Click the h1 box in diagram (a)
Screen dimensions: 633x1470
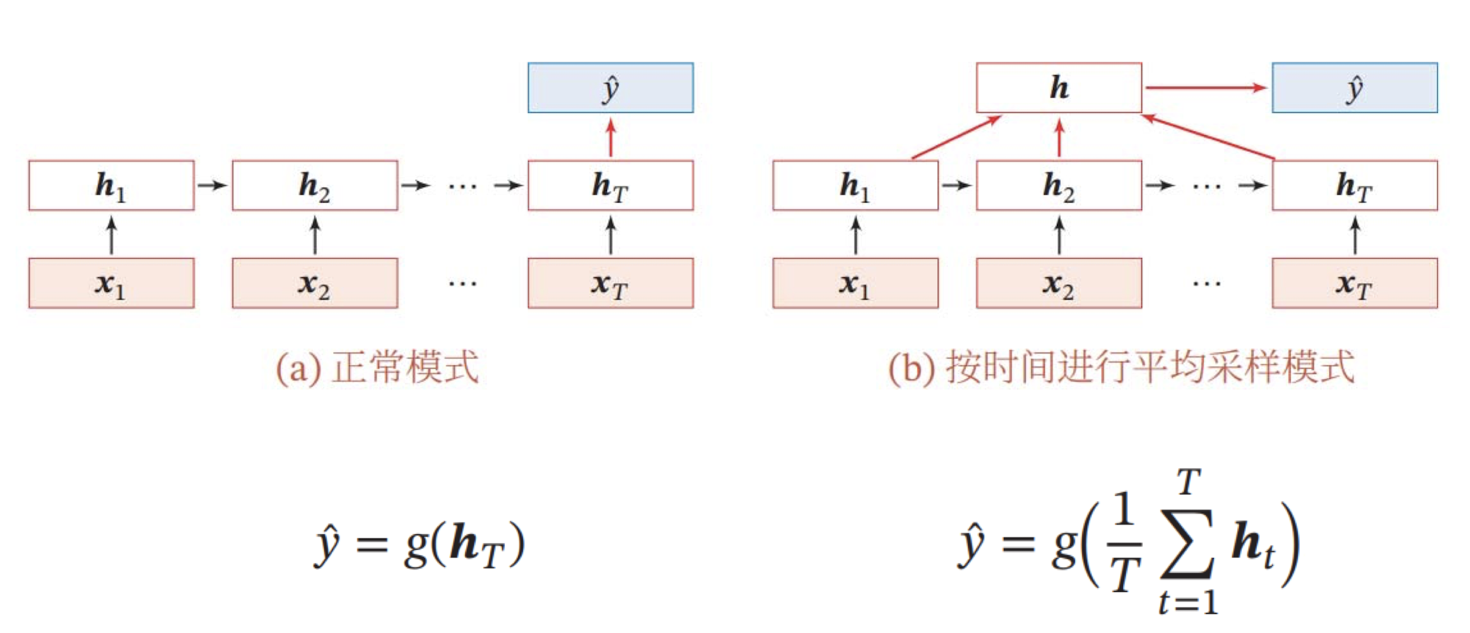(111, 185)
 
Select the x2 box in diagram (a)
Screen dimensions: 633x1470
(315, 283)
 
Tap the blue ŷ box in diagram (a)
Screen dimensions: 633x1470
(610, 88)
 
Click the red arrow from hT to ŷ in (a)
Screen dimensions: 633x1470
(610, 137)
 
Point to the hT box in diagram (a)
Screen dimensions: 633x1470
(610, 185)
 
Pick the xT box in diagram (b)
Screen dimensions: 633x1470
(1355, 283)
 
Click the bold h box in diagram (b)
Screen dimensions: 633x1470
(1059, 88)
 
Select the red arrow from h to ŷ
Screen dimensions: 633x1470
(1205, 88)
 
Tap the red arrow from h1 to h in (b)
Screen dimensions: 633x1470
(956, 137)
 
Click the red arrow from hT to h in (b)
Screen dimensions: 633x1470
(1208, 136)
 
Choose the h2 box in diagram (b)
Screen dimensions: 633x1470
(1059, 185)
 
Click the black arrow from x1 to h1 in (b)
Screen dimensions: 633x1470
(856, 235)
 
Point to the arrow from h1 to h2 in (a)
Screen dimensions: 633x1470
(212, 185)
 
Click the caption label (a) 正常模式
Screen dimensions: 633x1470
(377, 368)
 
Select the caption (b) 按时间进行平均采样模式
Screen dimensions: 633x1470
(1121, 368)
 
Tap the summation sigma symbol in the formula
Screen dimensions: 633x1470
(1187, 543)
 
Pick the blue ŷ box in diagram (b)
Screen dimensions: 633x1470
(1355, 88)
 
